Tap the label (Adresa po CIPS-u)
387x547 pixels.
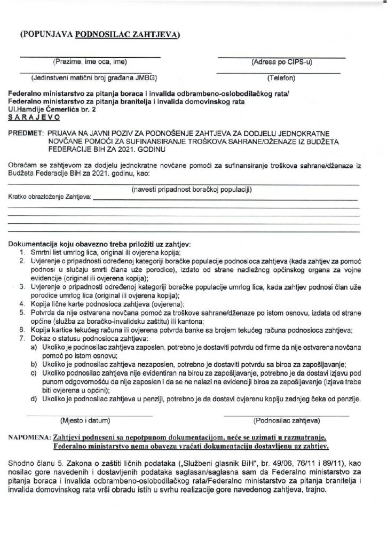click(281, 61)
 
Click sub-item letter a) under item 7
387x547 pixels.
click(34, 347)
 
